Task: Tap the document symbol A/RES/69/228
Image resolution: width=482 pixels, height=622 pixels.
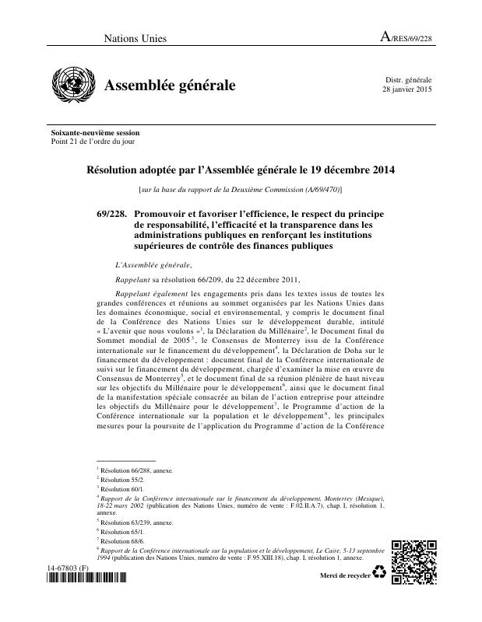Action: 405,37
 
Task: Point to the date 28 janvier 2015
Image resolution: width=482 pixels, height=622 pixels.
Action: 406,90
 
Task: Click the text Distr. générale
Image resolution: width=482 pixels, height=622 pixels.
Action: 409,80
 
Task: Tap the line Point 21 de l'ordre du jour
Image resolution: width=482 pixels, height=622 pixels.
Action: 93,142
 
